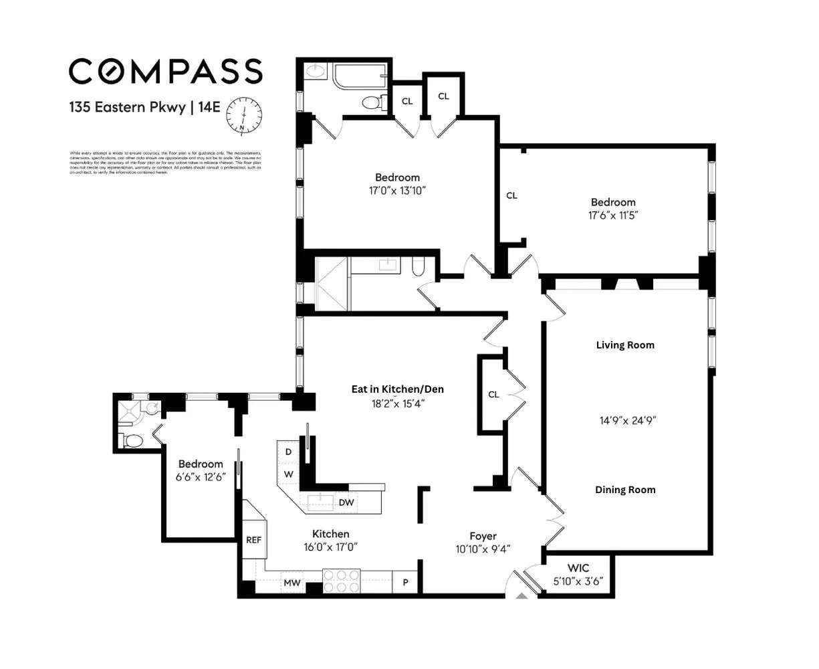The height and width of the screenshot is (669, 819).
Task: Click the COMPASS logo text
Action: (x=166, y=72)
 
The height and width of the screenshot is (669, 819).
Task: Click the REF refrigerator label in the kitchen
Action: (x=253, y=540)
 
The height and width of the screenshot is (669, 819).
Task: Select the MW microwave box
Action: (x=291, y=583)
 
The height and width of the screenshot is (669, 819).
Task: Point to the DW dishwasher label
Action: (x=346, y=502)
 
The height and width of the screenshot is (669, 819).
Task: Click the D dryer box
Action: (x=288, y=452)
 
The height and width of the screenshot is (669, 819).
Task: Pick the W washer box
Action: (x=288, y=474)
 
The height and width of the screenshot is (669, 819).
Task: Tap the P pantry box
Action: (x=404, y=583)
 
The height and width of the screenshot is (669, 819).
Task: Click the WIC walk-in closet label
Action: (x=578, y=568)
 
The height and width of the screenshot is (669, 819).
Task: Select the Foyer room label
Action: (x=483, y=535)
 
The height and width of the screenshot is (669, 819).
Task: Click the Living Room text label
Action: (x=625, y=345)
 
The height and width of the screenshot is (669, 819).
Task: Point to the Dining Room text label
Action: (x=625, y=490)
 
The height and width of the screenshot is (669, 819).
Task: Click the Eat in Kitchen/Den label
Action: (x=398, y=389)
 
